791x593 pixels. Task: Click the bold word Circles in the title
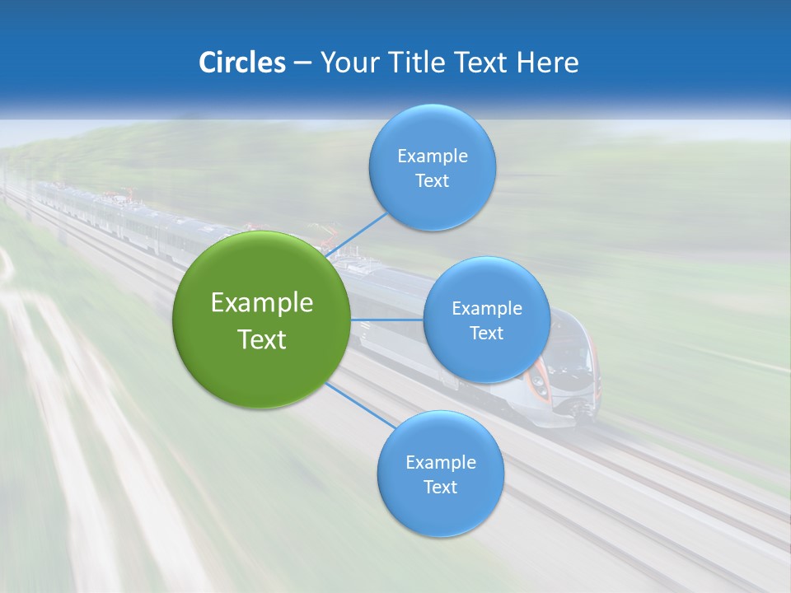pos(242,63)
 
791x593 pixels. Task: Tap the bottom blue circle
pos(440,511)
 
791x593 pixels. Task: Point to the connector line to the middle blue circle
pos(386,320)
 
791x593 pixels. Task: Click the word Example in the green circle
pos(261,303)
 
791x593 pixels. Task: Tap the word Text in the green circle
pos(261,339)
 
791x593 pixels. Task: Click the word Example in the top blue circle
pos(432,156)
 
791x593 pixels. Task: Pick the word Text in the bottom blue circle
pos(440,488)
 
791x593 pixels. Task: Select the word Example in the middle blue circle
pos(486,309)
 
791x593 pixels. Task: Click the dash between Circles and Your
pos(302,63)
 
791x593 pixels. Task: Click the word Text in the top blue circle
pos(432,181)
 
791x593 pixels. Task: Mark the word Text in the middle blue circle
pos(486,334)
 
